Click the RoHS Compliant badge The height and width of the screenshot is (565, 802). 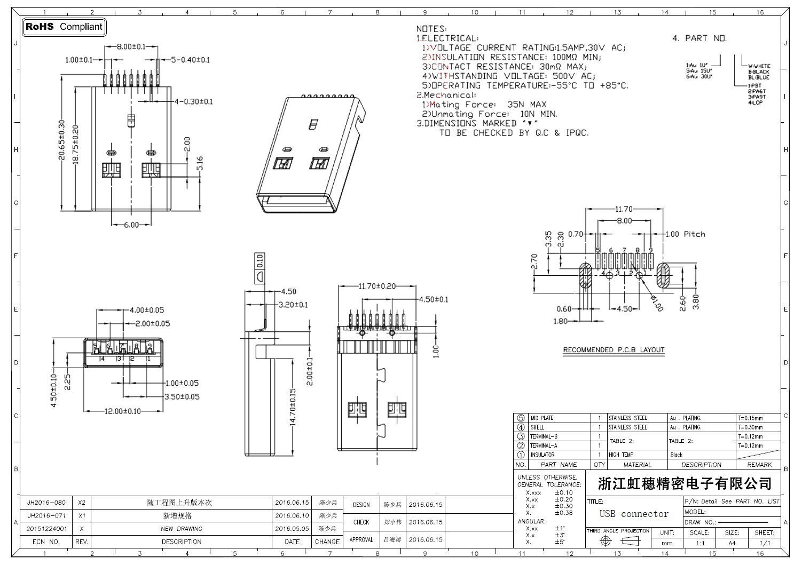(x=64, y=27)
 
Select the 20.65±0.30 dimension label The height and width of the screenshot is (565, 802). (x=62, y=140)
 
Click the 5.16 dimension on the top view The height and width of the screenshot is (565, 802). (x=200, y=163)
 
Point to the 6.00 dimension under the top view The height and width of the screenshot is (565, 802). (x=131, y=225)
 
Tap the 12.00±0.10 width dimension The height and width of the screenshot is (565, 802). (x=115, y=411)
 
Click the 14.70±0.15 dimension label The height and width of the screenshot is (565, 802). (x=292, y=407)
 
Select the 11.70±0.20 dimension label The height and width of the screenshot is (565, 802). (x=377, y=286)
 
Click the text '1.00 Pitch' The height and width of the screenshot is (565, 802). (x=687, y=234)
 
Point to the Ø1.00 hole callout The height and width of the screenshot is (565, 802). (x=657, y=303)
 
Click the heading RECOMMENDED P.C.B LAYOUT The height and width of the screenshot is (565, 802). (x=614, y=350)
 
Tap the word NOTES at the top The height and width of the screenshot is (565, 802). (x=430, y=29)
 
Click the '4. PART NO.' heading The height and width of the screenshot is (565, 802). (x=699, y=38)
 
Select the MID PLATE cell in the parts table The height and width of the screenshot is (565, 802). (x=542, y=418)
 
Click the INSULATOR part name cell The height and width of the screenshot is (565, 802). (x=542, y=455)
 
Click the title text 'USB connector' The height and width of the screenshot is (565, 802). (x=634, y=514)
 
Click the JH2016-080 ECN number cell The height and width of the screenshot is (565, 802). (x=46, y=503)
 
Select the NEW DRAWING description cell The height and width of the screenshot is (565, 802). (x=182, y=529)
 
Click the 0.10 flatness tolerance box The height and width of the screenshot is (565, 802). (x=260, y=261)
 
